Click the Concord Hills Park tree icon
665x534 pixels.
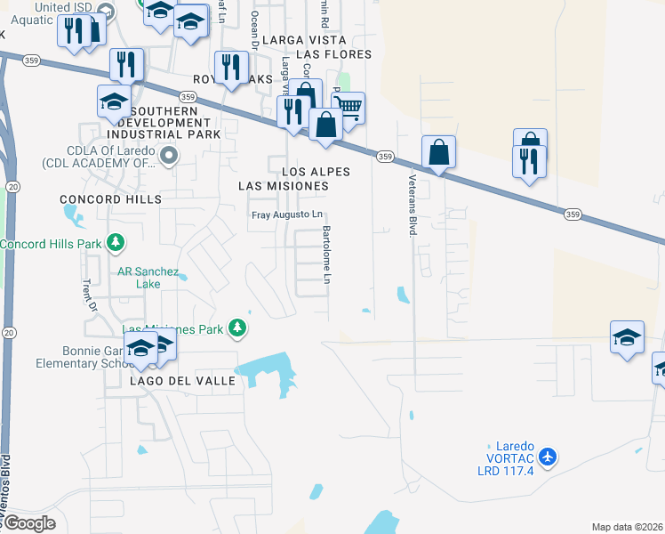tap(115, 242)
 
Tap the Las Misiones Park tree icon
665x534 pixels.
tap(236, 328)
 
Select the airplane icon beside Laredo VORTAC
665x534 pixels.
tap(547, 457)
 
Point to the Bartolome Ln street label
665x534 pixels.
tap(326, 255)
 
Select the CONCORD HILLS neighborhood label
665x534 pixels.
tap(110, 199)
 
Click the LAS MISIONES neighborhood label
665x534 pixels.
tap(284, 186)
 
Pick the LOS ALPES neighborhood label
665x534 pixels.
tap(316, 172)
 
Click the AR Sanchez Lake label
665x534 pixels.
tap(149, 278)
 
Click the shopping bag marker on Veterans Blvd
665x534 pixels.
tap(439, 152)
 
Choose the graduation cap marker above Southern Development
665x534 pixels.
tap(115, 102)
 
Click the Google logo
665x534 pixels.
tap(28, 523)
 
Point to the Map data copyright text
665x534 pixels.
tap(627, 527)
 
